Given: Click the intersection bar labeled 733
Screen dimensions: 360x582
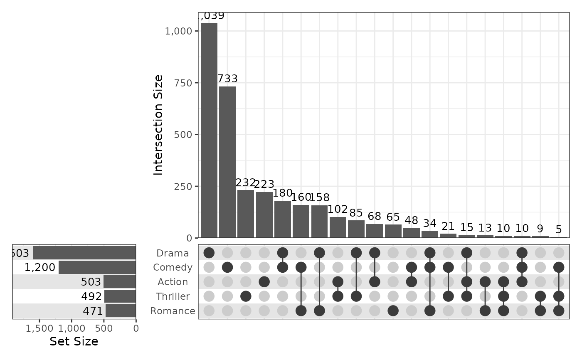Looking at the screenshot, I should tap(227, 162).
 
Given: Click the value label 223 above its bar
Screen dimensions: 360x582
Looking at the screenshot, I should tap(264, 184).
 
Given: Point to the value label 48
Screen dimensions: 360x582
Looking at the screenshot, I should tap(412, 221).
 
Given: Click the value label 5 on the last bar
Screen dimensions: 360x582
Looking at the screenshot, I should tap(559, 229).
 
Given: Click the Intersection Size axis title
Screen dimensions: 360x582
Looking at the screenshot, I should tap(158, 125).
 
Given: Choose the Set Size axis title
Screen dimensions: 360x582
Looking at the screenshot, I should tap(74, 342).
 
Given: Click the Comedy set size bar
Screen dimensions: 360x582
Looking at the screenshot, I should tap(97, 267).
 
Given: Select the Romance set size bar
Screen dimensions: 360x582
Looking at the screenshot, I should tap(121, 311).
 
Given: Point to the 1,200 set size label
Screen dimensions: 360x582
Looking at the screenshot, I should tap(40, 267).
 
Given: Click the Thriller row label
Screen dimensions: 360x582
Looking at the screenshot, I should tap(173, 296).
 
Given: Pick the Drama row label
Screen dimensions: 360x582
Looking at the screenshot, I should tap(173, 253).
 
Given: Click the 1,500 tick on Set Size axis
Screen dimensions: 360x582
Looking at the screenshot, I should tap(39, 328).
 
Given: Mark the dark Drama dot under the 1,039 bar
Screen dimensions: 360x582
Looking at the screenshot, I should tap(209, 253).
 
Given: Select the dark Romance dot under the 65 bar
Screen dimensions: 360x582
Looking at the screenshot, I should tap(393, 311).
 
